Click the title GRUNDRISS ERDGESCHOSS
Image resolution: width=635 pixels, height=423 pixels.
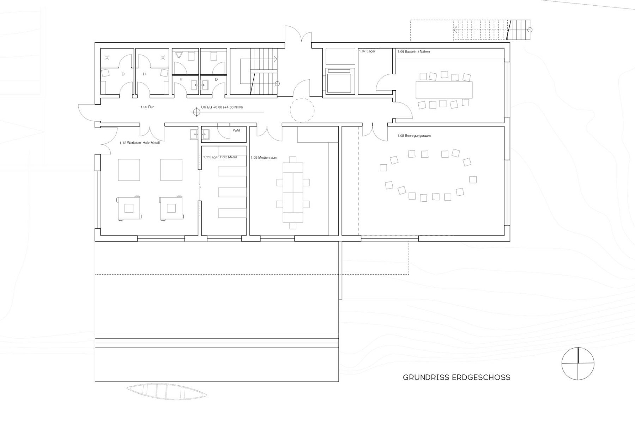[456, 377]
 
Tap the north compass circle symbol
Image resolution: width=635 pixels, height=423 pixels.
[578, 364]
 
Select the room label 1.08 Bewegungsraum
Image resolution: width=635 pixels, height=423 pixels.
[414, 136]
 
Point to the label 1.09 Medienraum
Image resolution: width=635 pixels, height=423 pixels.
[264, 158]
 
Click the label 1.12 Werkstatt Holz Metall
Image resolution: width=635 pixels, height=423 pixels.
[139, 143]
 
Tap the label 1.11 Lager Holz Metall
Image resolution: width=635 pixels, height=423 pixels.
[220, 157]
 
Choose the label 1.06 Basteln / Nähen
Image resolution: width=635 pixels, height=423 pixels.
[413, 51]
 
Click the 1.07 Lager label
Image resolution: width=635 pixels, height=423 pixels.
[367, 51]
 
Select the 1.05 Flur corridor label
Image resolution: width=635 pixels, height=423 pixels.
[147, 107]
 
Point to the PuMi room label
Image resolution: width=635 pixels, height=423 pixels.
[236, 130]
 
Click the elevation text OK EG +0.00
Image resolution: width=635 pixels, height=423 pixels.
[222, 107]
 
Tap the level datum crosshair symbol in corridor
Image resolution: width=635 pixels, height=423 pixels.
[196, 112]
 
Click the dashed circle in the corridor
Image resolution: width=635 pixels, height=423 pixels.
[302, 110]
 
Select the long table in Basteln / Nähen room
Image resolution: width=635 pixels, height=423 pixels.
[444, 90]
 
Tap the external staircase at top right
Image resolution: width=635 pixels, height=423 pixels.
[519, 30]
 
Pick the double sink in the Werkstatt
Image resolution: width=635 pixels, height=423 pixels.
[200, 134]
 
